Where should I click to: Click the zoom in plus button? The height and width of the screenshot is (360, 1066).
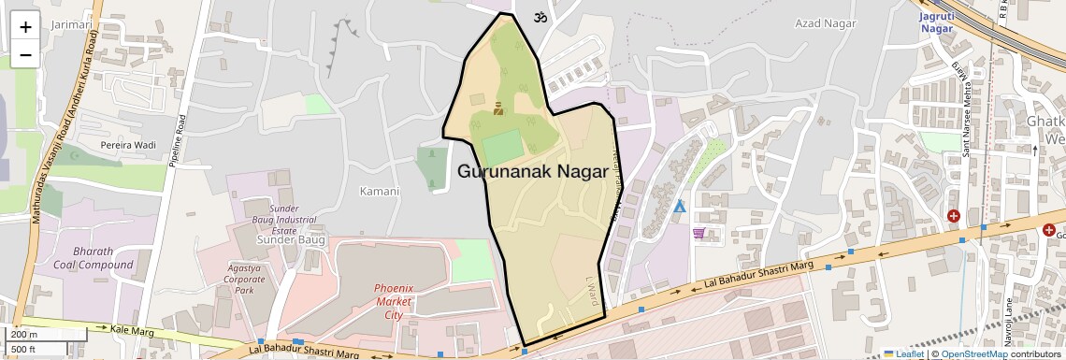click(25, 26)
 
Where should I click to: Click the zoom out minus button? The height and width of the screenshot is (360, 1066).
click(25, 54)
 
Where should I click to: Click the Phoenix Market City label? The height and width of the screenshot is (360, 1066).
click(394, 301)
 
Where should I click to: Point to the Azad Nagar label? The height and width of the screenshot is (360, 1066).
click(821, 22)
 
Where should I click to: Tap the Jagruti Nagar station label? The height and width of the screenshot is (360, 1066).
click(935, 22)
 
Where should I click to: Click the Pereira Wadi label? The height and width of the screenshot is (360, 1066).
click(127, 147)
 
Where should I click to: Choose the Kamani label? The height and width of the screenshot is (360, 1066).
click(380, 192)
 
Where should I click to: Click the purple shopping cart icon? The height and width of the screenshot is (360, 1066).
click(699, 233)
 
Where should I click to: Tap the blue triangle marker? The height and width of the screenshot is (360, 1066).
click(679, 206)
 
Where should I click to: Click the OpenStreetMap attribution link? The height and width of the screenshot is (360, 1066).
click(973, 353)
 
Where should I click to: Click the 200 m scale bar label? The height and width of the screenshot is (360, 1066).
click(24, 334)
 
